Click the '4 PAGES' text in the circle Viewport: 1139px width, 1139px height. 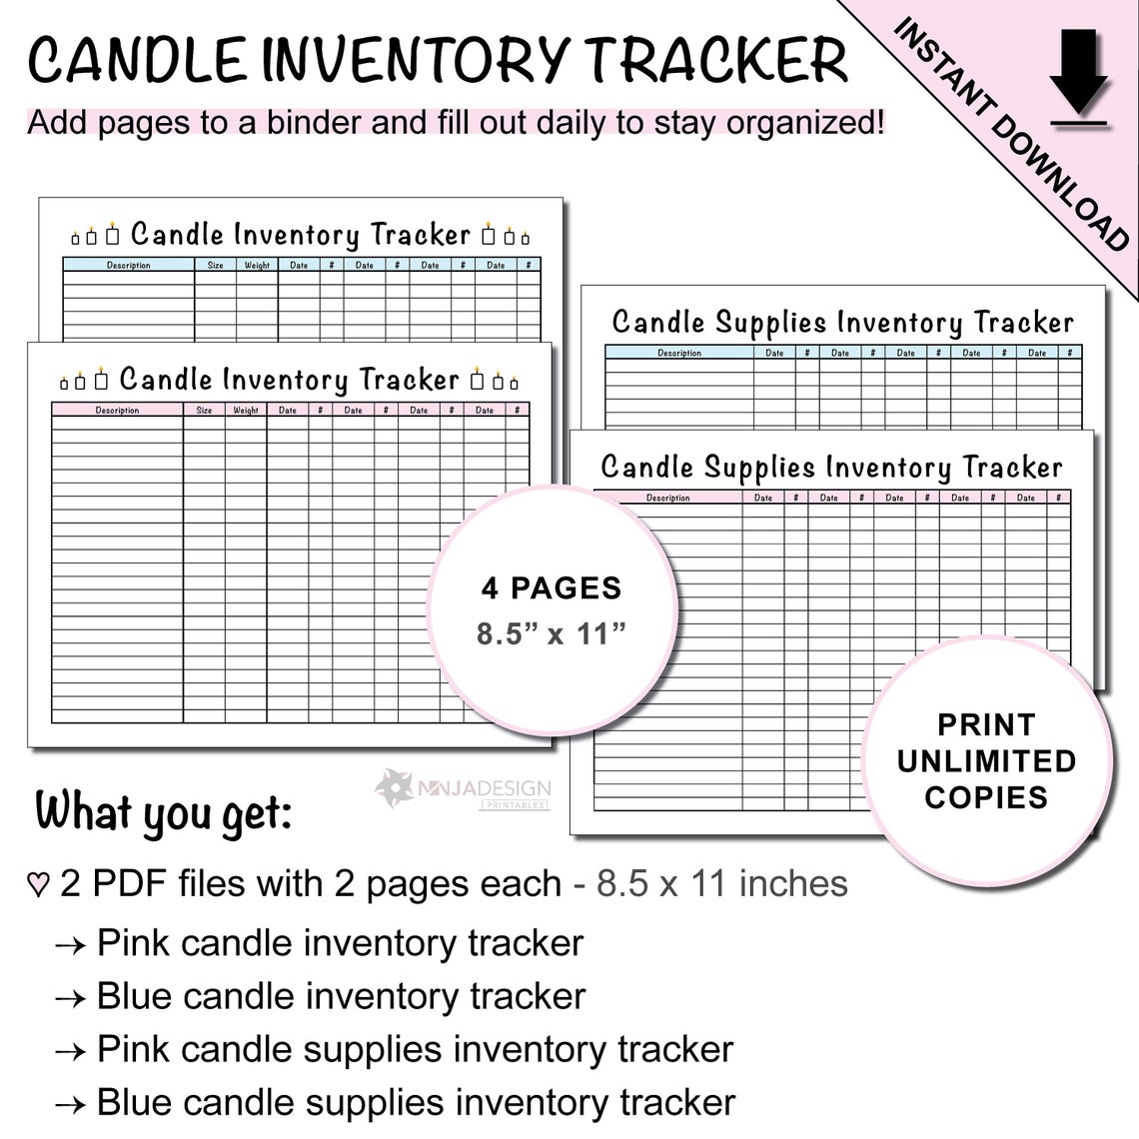(x=552, y=588)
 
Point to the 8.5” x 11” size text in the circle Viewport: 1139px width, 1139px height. (x=552, y=633)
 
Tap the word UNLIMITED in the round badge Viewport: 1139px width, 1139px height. (x=986, y=761)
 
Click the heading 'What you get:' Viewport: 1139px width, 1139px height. (x=164, y=812)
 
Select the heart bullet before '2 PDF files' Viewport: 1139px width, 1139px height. (x=38, y=885)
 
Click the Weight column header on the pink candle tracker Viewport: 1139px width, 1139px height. (x=246, y=410)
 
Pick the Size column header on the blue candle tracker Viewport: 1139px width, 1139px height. (x=216, y=265)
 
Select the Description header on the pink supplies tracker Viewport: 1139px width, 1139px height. (x=667, y=498)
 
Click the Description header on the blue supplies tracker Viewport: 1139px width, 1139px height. (x=679, y=353)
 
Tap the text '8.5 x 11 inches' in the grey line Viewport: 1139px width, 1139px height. (x=722, y=884)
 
